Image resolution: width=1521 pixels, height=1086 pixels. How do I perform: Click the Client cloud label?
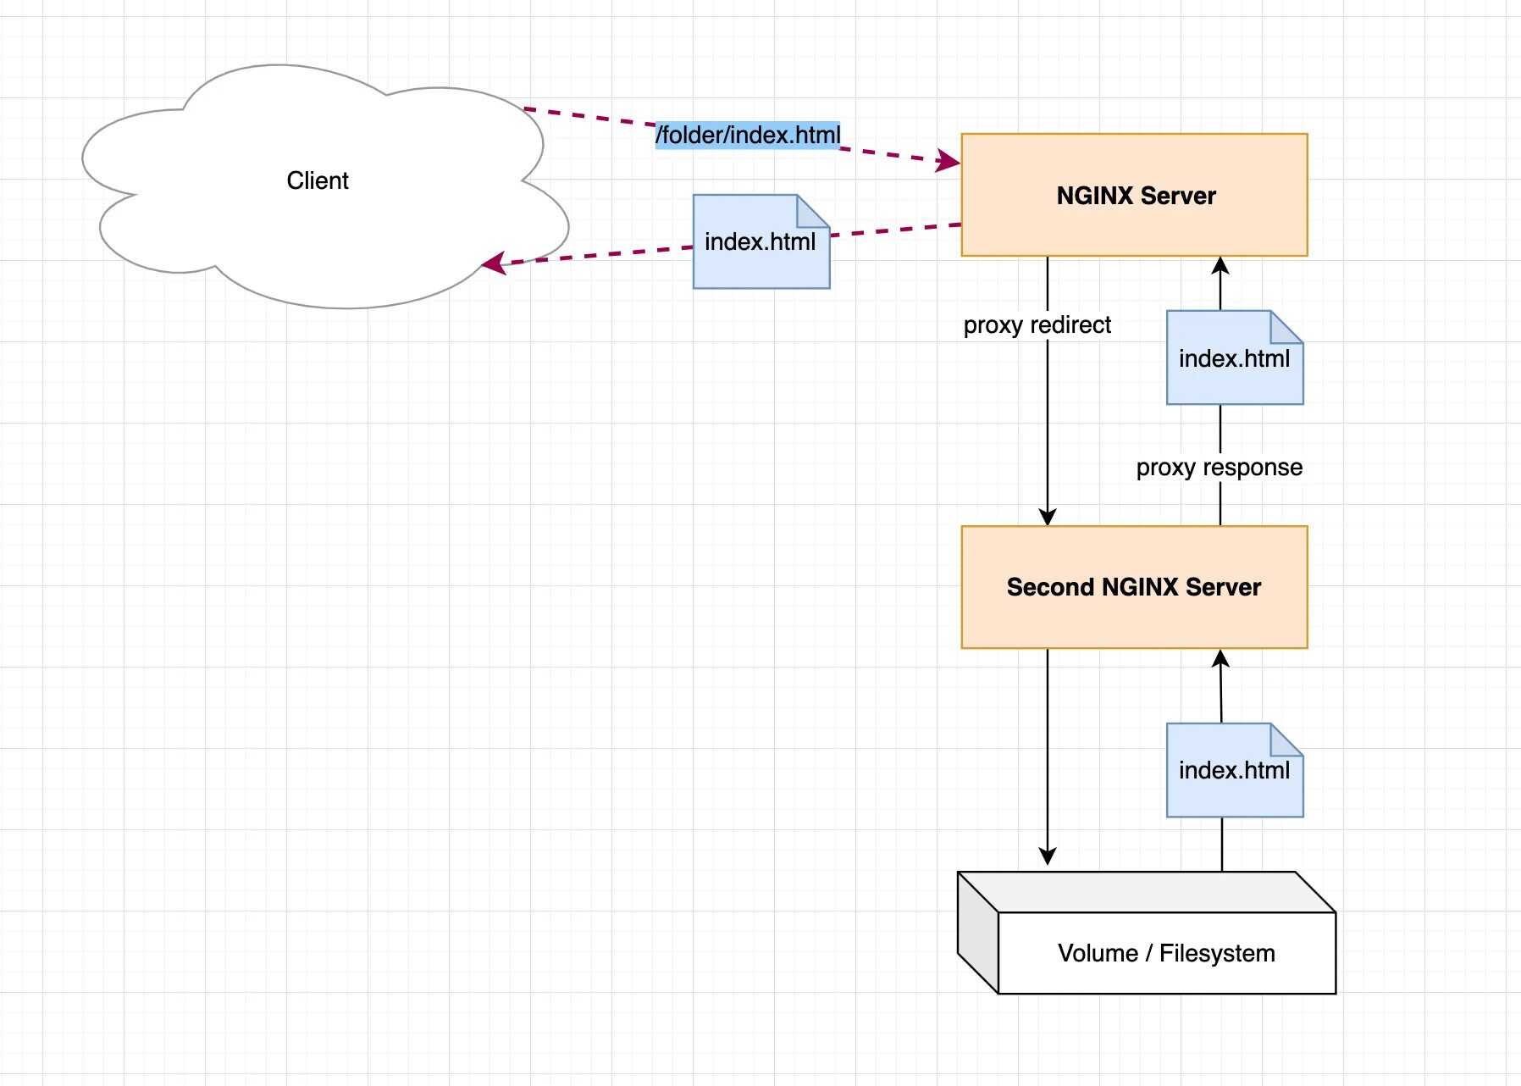click(318, 180)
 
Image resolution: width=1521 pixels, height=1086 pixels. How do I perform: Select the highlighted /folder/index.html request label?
click(748, 135)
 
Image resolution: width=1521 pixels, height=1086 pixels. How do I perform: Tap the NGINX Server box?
click(1134, 196)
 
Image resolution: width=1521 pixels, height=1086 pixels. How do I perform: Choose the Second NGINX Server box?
click(1134, 587)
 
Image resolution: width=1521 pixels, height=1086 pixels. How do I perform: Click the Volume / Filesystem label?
click(1166, 953)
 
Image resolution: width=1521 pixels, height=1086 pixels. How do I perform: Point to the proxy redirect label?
click(1037, 325)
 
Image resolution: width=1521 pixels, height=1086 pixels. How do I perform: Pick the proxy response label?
click(1219, 468)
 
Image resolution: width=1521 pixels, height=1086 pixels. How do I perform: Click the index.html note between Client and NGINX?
click(760, 242)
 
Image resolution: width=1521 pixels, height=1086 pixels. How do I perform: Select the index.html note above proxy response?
click(1234, 358)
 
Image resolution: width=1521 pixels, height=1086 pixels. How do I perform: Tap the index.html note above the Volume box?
click(1234, 770)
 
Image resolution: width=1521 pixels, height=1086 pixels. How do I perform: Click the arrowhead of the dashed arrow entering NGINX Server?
click(949, 161)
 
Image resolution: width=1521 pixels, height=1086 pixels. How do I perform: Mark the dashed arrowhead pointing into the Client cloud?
click(492, 263)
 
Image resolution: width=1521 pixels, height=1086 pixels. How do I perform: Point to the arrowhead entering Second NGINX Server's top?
click(1048, 517)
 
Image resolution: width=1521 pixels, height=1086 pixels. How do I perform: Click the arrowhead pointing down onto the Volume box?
click(1048, 856)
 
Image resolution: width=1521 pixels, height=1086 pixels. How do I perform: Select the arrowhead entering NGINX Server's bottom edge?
click(1220, 266)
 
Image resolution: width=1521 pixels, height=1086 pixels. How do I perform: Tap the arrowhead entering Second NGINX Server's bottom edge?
click(1220, 659)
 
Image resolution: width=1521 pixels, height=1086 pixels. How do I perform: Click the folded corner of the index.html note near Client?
click(811, 211)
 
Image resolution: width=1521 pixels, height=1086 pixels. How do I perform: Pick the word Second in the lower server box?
click(1050, 587)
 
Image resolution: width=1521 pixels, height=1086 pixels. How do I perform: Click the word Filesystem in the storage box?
click(1217, 953)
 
